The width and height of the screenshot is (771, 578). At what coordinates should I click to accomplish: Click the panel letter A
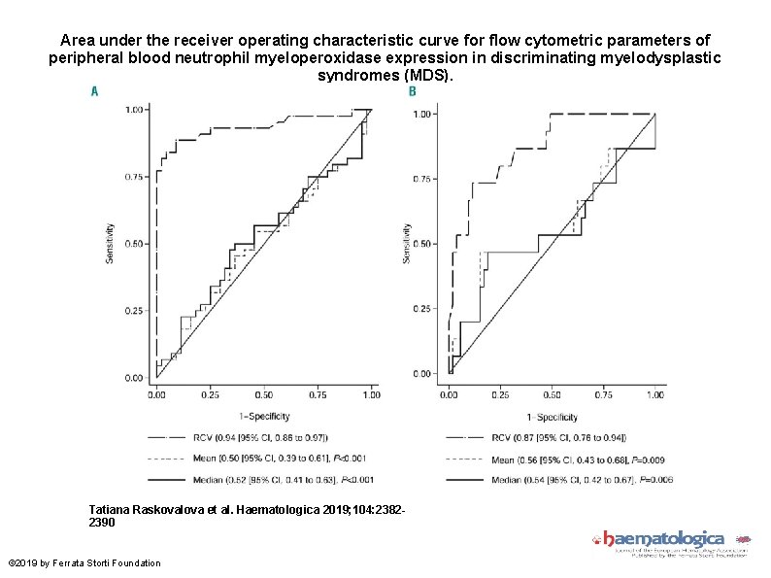click(94, 91)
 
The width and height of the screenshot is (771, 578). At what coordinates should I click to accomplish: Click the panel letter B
click(412, 91)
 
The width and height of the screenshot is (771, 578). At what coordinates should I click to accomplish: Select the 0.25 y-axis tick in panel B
click(424, 309)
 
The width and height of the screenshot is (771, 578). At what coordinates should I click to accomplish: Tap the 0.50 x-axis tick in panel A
click(263, 395)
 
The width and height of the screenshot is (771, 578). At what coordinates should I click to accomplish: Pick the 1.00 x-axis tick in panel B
click(655, 394)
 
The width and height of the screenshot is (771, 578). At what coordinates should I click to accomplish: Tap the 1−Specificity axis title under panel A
click(262, 414)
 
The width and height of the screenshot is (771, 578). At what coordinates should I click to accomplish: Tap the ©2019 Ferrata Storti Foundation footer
click(84, 563)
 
